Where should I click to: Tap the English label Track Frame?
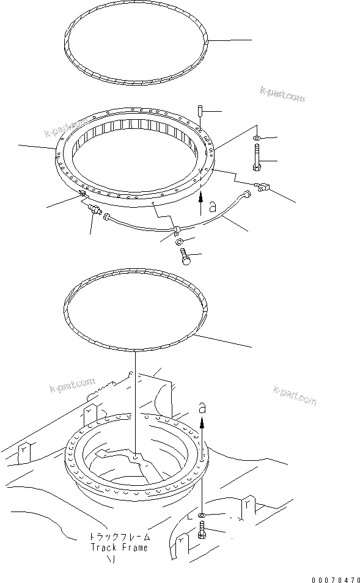point(119,548)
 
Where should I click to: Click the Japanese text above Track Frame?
point(119,537)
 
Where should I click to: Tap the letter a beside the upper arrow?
point(211,208)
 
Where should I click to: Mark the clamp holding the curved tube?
point(175,230)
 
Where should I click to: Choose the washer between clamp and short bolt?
point(182,243)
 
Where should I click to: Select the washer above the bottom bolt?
point(202,517)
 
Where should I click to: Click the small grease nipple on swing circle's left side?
point(81,194)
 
